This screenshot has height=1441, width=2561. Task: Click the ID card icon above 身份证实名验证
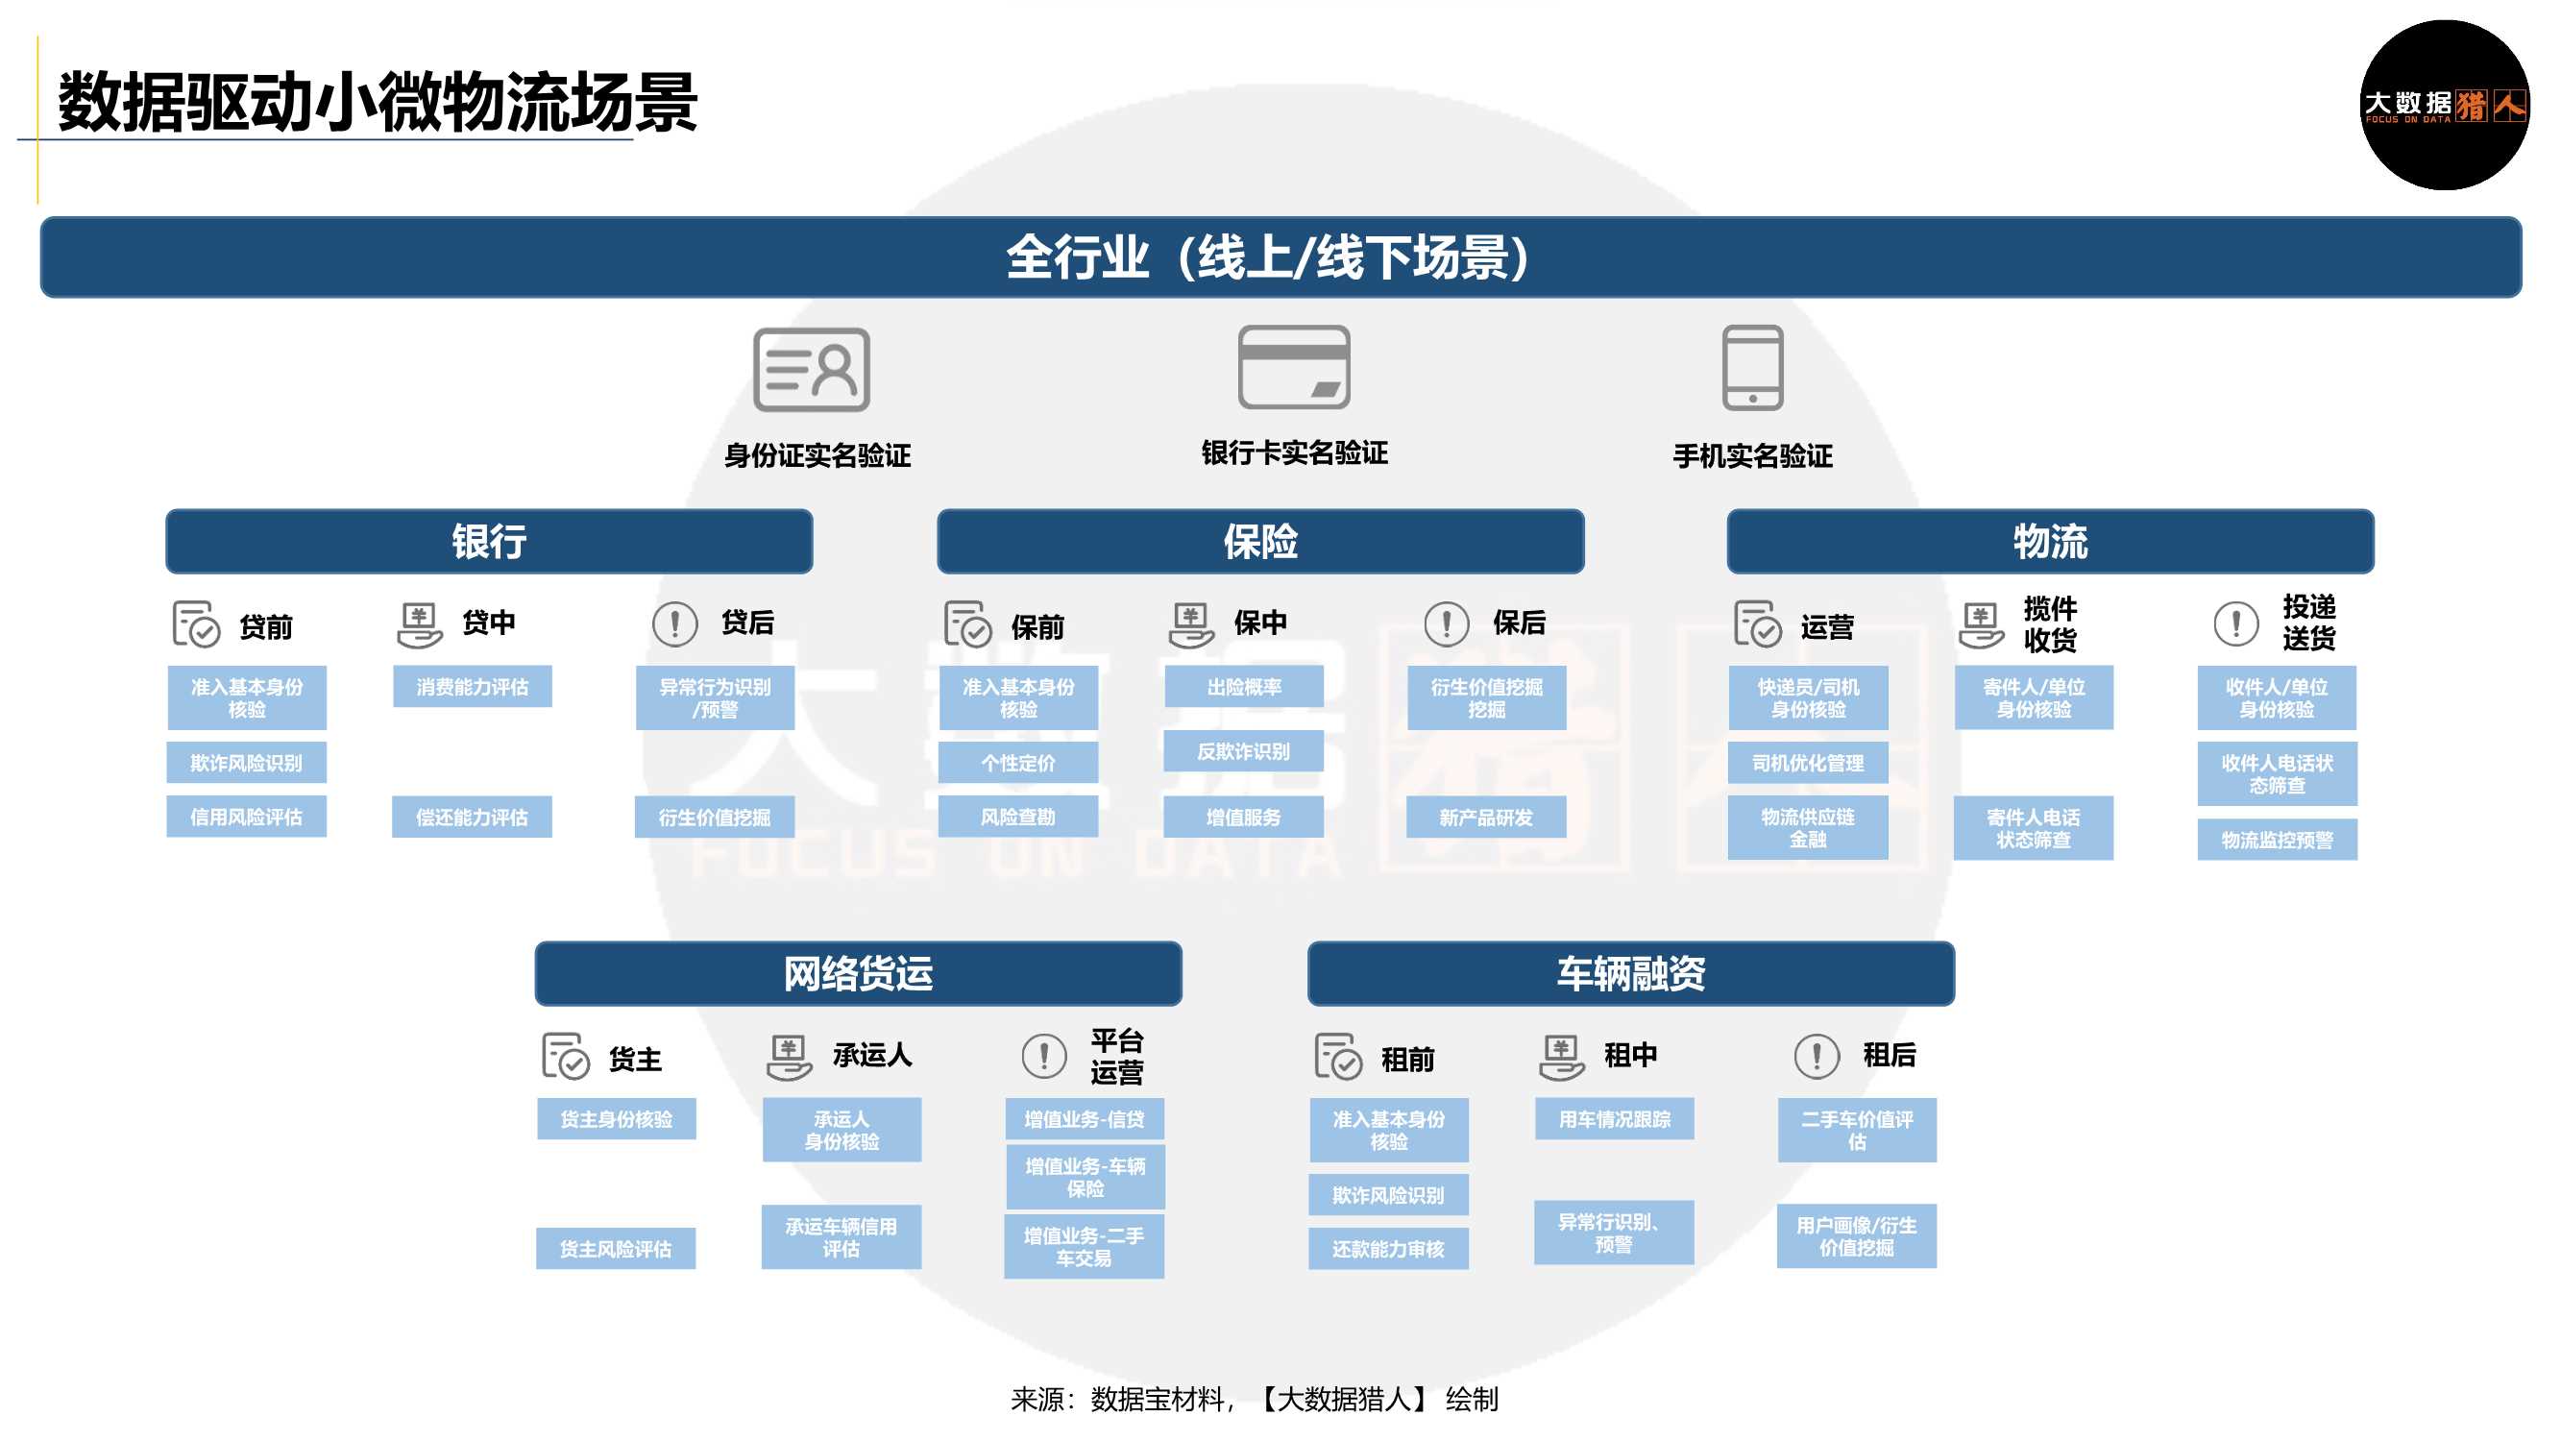(x=812, y=370)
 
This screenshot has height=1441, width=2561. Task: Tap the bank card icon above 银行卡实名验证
(x=1293, y=367)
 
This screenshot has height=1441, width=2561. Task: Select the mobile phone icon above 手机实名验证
(x=1752, y=368)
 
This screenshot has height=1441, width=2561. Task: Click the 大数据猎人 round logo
(x=2444, y=106)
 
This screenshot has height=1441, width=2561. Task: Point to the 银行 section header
(x=489, y=542)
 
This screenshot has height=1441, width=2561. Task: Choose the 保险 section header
(x=1259, y=542)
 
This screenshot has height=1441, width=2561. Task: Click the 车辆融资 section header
(x=1630, y=973)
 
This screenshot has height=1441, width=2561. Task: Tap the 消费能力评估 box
(x=473, y=687)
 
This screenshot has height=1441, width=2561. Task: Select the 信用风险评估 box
(x=247, y=817)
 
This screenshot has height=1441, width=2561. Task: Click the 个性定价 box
(x=1018, y=763)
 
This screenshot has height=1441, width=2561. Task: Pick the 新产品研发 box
(x=1485, y=818)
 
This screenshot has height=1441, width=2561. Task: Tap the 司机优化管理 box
(x=1808, y=763)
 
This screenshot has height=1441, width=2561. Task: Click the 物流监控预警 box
(x=2277, y=841)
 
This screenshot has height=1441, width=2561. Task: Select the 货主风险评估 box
(x=616, y=1248)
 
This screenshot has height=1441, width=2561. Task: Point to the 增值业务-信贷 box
(x=1084, y=1119)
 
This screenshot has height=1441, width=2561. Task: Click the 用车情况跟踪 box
(x=1614, y=1119)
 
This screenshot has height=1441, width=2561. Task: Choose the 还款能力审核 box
(x=1388, y=1248)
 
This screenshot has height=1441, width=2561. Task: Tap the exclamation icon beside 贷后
(x=675, y=624)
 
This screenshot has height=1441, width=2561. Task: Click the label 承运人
(x=872, y=1055)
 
